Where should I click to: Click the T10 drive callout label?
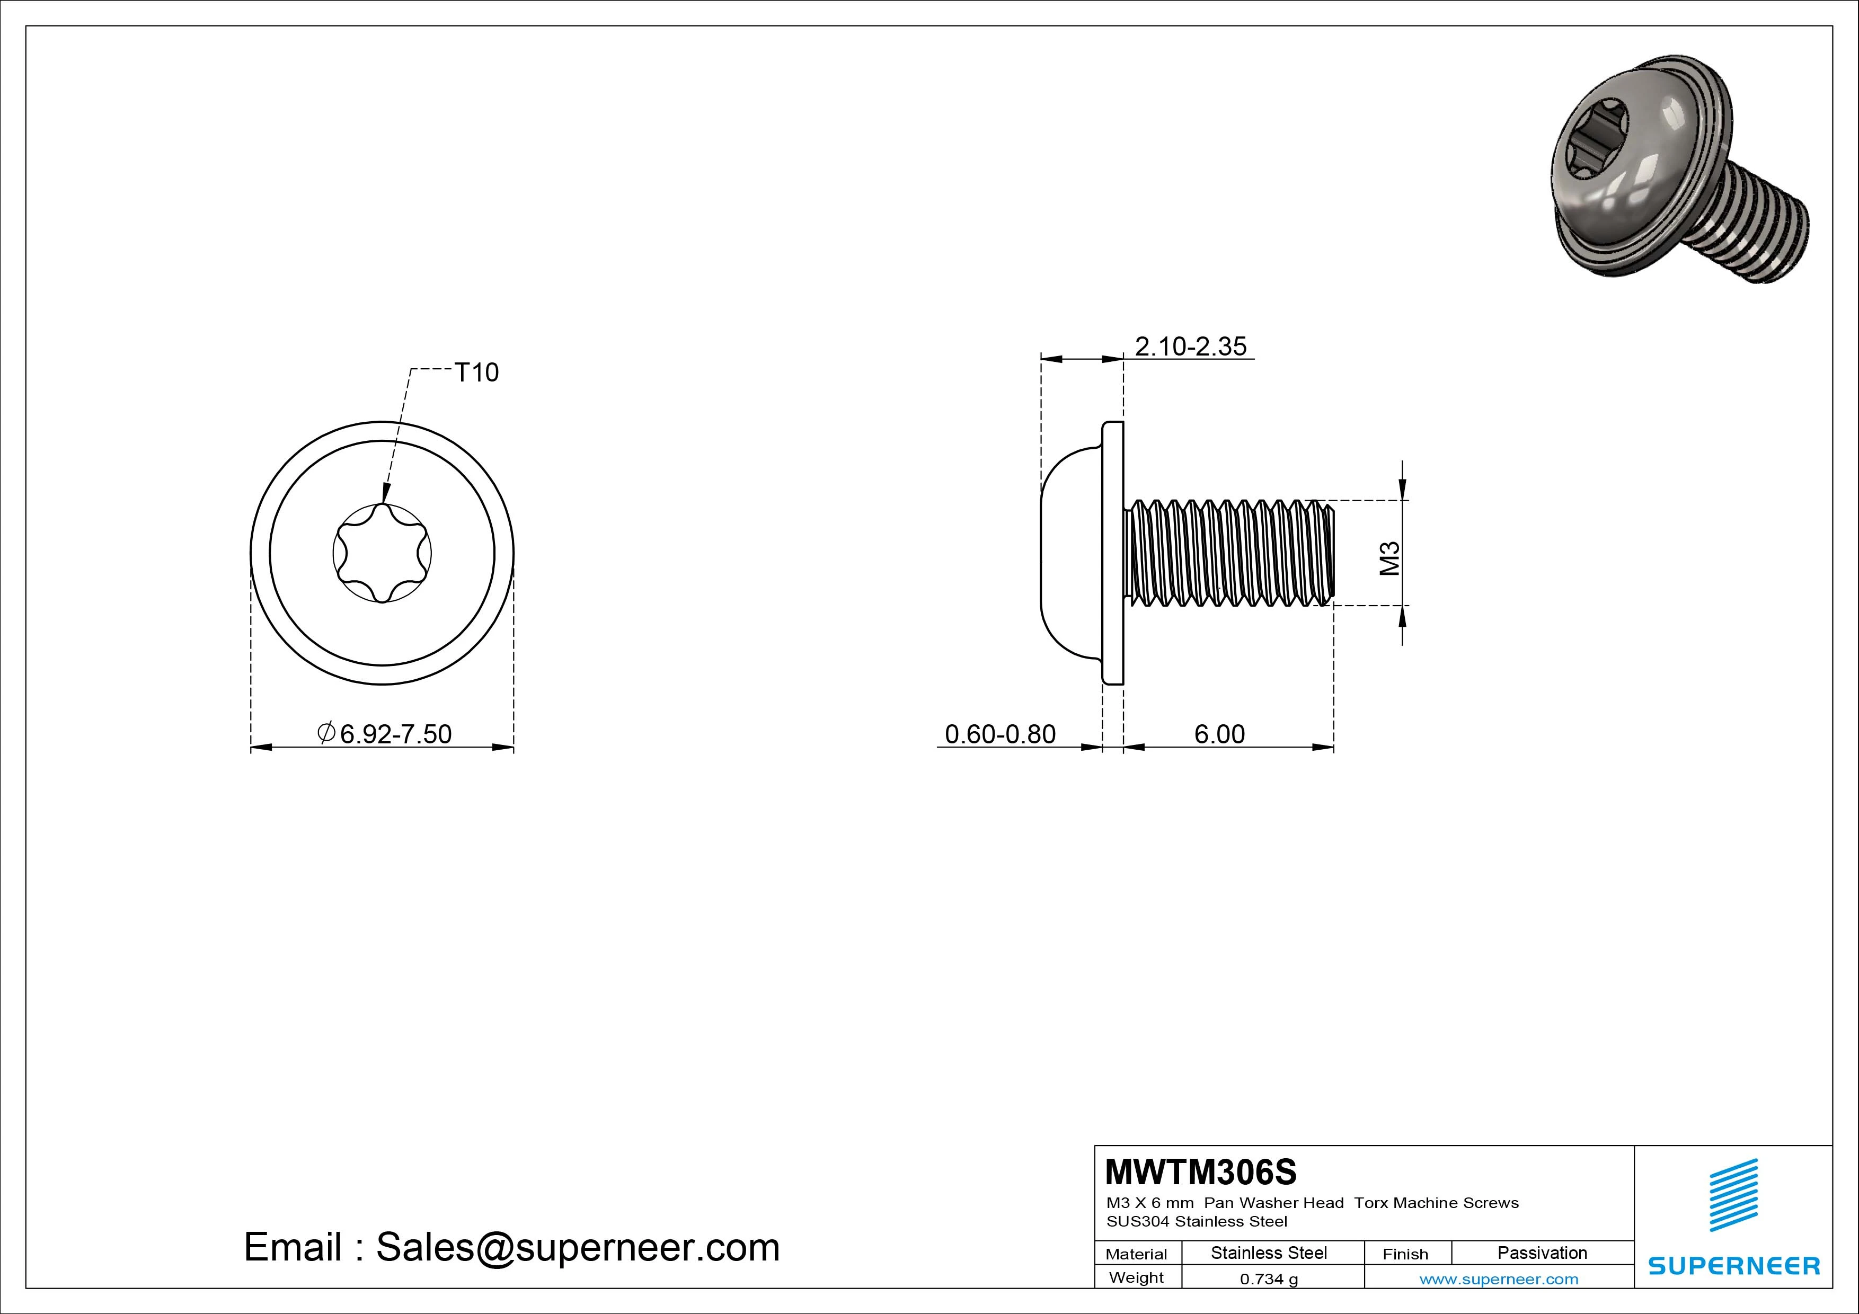476,372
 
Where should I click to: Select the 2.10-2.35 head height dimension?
1190,347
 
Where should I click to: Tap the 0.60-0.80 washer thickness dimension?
1000,734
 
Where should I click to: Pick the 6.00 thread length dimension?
1219,734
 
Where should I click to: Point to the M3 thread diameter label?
1389,558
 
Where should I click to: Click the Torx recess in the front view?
382,554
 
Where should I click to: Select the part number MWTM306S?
1201,1171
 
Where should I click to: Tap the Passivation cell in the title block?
1542,1253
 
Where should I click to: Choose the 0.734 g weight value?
1269,1279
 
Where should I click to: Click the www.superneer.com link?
1499,1279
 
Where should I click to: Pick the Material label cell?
1136,1254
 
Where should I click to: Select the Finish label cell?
1405,1254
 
